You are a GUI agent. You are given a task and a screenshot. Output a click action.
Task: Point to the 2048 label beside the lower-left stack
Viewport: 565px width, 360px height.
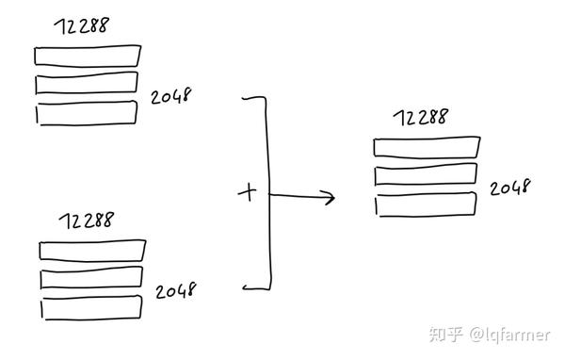176,289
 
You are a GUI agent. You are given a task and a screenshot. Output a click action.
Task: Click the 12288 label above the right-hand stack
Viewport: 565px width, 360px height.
420,119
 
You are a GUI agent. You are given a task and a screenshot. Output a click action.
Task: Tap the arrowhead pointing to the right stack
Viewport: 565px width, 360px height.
329,198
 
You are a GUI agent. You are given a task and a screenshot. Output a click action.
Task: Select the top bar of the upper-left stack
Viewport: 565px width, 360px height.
88,56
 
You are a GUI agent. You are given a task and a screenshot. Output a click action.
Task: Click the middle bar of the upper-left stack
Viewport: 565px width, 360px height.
87,83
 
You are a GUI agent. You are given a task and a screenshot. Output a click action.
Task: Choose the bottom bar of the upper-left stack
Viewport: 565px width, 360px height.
87,111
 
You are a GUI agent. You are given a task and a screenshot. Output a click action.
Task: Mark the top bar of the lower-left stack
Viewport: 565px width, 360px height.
92,251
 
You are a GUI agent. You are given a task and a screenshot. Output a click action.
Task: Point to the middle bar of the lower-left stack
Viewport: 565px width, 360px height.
91,278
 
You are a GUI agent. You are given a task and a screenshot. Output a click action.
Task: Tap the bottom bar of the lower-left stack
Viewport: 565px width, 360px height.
90,309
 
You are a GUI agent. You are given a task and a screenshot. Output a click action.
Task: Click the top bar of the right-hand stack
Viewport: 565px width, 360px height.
427,148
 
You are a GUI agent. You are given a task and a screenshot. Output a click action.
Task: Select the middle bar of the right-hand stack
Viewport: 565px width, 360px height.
426,176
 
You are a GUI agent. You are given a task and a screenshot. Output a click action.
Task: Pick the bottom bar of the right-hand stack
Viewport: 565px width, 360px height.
425,205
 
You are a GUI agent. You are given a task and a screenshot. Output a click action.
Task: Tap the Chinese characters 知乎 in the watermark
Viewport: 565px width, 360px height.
444,334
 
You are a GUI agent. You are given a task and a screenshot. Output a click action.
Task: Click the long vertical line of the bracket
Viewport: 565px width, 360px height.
270,193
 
